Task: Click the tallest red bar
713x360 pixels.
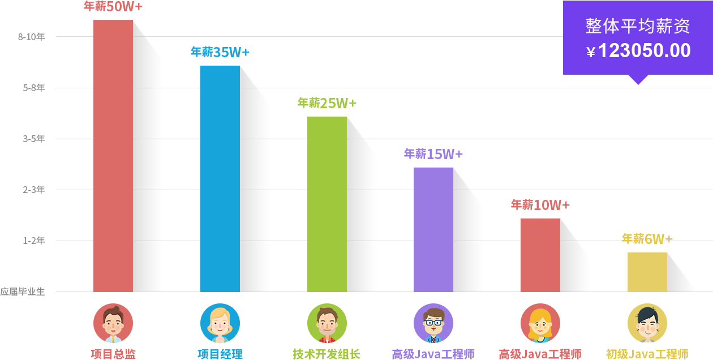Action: point(113,156)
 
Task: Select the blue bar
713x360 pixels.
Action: point(220,178)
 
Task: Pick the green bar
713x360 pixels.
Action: point(327,204)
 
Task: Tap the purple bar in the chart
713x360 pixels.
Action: point(433,229)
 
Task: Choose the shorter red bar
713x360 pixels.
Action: point(540,255)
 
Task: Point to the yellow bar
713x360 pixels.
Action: point(647,272)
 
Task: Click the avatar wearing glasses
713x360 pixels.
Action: point(433,323)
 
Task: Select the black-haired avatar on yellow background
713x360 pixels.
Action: point(647,323)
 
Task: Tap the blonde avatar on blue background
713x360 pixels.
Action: point(220,323)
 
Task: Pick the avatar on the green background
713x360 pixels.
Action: point(327,323)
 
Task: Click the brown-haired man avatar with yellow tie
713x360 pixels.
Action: point(113,323)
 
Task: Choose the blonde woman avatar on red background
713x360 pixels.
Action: point(540,323)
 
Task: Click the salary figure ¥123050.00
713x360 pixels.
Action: point(638,52)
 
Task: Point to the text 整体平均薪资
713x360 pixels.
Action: point(638,26)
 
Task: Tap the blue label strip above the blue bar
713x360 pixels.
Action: point(220,52)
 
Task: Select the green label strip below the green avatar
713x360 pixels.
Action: point(327,354)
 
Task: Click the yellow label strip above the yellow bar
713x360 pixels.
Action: point(647,238)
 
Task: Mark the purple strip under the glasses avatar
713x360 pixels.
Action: point(433,354)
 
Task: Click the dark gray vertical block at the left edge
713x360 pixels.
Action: point(23,164)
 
